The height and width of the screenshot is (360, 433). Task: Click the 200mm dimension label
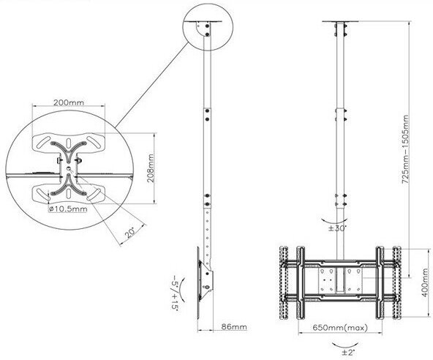click(x=69, y=102)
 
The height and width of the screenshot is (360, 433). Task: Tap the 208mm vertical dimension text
click(x=151, y=168)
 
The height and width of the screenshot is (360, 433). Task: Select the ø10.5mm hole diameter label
click(x=68, y=209)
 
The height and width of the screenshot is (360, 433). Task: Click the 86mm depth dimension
click(x=234, y=327)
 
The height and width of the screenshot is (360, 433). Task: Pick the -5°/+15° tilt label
click(x=175, y=293)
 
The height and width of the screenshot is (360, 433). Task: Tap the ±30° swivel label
click(x=336, y=229)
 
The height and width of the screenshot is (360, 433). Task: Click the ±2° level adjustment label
click(x=349, y=353)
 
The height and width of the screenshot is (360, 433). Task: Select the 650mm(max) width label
click(x=340, y=328)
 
